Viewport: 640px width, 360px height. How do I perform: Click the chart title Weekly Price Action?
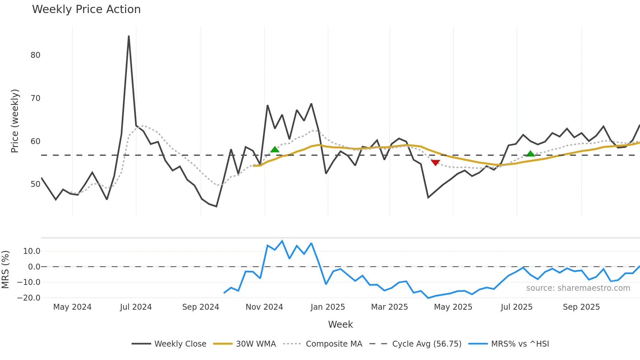coord(86,9)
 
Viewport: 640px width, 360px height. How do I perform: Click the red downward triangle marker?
coord(435,162)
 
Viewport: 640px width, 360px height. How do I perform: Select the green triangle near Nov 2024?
coord(275,149)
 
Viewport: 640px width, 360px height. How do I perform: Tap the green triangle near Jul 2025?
coord(531,154)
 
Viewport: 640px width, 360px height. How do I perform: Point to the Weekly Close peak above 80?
coord(129,37)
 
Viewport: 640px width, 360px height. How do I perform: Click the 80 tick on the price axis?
coord(35,55)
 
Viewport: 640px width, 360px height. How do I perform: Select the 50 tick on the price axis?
coord(35,184)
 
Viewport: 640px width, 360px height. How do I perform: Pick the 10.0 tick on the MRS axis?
coord(32,251)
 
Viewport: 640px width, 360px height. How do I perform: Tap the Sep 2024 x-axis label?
coord(200,307)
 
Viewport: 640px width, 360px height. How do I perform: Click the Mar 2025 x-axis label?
coord(390,307)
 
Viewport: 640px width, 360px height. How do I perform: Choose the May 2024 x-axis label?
coord(72,307)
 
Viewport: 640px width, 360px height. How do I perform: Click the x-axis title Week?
coord(340,324)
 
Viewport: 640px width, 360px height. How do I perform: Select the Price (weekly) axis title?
coord(15,121)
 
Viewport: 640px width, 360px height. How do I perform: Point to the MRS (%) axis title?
coord(5,270)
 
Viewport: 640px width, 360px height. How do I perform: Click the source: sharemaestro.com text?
coord(578,288)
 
